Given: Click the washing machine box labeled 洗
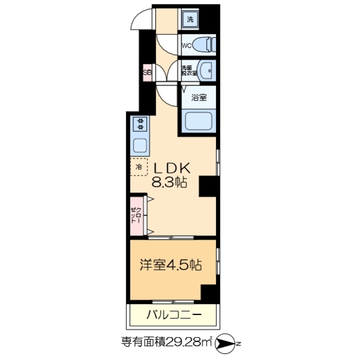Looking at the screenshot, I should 190,17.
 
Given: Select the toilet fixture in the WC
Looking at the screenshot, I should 206,43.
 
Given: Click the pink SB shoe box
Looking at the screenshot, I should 147,72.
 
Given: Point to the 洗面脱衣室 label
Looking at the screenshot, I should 188,71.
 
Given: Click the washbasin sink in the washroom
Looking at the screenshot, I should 208,70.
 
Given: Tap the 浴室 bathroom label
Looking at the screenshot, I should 198,97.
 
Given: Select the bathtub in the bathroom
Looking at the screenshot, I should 199,120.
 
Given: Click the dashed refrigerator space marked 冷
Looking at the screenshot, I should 138,167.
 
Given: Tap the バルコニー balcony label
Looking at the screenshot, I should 173,314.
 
